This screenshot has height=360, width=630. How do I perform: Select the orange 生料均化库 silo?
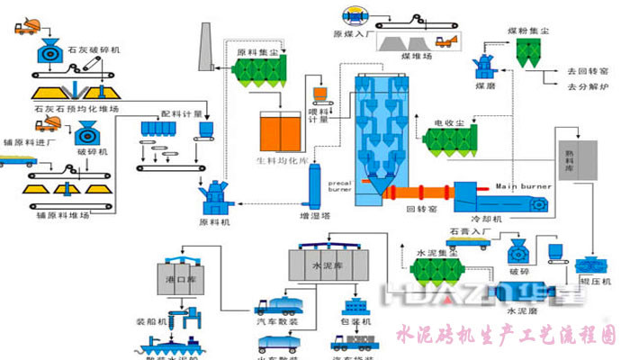click(x=280, y=131)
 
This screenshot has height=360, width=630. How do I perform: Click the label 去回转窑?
click(x=588, y=71)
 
